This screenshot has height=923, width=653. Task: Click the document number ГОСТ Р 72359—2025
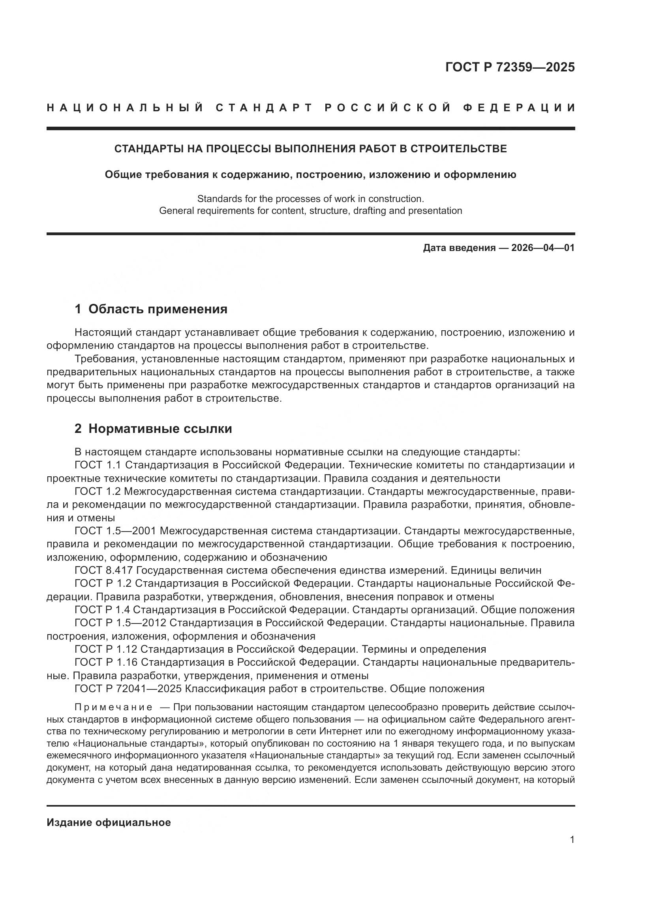510,67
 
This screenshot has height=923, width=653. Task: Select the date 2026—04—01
543,248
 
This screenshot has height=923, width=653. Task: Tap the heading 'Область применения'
158,309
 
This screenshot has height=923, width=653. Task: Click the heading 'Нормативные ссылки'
160,429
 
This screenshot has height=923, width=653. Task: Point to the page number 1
572,840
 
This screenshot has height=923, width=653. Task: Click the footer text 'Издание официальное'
109,822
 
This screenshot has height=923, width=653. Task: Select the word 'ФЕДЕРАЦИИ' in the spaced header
519,108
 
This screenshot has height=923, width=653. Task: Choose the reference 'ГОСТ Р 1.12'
106,649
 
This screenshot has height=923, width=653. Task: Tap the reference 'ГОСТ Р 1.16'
106,662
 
